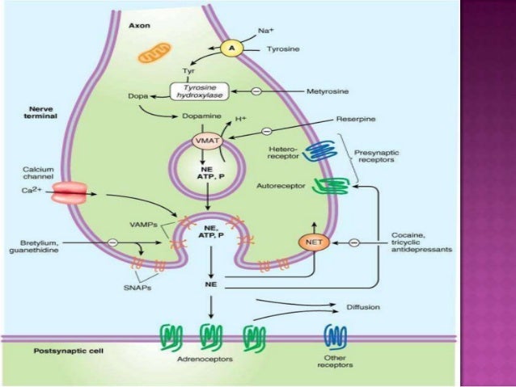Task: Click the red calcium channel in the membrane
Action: coord(71,195)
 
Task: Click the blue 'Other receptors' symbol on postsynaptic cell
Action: coord(335,334)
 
